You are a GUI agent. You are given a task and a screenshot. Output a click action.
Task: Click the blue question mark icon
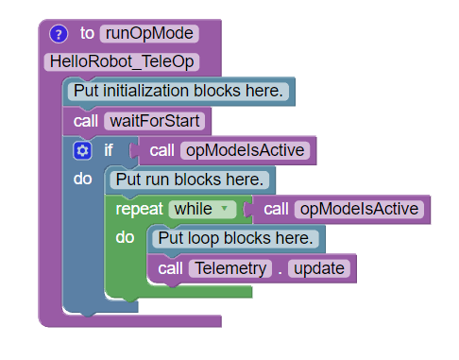click(59, 34)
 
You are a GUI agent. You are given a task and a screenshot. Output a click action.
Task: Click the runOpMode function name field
click(149, 33)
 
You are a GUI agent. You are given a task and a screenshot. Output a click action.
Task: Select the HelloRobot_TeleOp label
click(122, 61)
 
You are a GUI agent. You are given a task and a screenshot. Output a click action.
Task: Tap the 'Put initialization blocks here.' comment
click(178, 92)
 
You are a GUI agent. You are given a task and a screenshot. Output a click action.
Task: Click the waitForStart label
click(155, 121)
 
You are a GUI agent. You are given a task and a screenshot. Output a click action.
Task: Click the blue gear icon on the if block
click(82, 150)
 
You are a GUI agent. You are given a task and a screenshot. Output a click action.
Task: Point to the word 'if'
click(109, 150)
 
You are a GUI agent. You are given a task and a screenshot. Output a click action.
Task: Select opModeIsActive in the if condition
click(245, 150)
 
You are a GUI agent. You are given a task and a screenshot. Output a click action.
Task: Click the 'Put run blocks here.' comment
click(190, 180)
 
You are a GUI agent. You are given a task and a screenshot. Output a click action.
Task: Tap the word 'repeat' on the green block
click(139, 210)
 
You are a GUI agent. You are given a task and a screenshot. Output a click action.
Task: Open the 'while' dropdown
click(202, 210)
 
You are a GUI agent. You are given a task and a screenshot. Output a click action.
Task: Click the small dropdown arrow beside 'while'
click(224, 208)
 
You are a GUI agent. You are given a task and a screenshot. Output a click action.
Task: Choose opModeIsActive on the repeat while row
click(359, 209)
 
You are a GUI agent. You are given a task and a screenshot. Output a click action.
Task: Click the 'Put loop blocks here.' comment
click(235, 238)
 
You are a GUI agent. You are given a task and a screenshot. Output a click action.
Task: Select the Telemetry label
click(230, 268)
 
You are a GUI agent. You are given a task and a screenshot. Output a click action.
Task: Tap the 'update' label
click(319, 268)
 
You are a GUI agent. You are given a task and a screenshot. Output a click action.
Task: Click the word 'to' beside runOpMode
click(87, 33)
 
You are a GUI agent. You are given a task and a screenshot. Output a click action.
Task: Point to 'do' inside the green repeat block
click(125, 237)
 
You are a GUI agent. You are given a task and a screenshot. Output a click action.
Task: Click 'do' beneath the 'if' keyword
click(83, 179)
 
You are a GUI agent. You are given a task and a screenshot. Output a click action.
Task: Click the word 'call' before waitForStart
click(86, 121)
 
